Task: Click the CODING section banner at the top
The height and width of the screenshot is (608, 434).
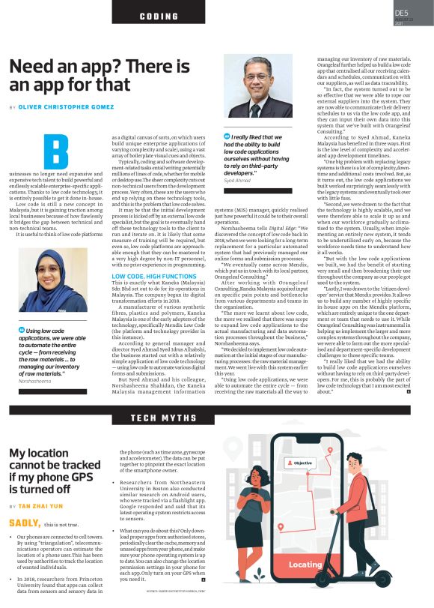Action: coord(158,15)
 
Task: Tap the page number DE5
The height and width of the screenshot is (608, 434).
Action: coord(402,13)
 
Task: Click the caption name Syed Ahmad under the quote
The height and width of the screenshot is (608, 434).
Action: coord(237,181)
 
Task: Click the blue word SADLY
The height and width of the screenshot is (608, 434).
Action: coord(25,522)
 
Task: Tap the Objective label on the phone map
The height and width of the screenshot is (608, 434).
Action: coord(302,463)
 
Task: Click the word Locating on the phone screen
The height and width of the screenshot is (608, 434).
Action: coord(305,564)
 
